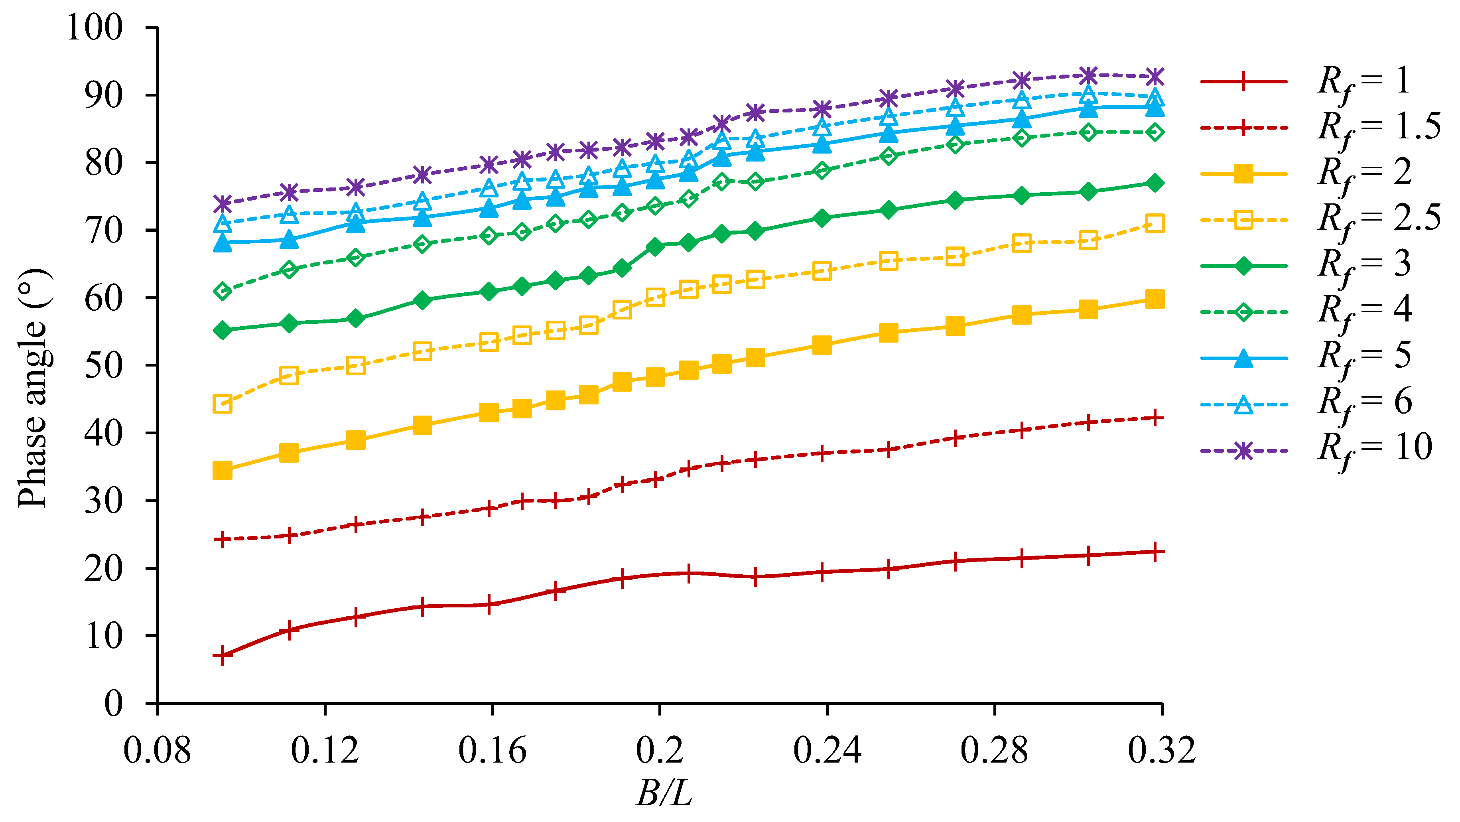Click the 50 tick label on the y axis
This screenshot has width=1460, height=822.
[x=104, y=366]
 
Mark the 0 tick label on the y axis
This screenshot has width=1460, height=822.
[x=113, y=704]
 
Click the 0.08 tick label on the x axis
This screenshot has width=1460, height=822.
[x=158, y=750]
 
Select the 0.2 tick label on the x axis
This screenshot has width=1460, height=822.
[x=660, y=750]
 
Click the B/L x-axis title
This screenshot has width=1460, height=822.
[x=664, y=792]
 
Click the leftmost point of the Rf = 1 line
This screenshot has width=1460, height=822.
[x=223, y=655]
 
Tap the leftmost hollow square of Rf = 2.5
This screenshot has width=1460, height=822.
[x=223, y=404]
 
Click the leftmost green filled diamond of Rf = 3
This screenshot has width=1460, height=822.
[x=223, y=330]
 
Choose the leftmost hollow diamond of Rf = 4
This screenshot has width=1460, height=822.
[x=223, y=291]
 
